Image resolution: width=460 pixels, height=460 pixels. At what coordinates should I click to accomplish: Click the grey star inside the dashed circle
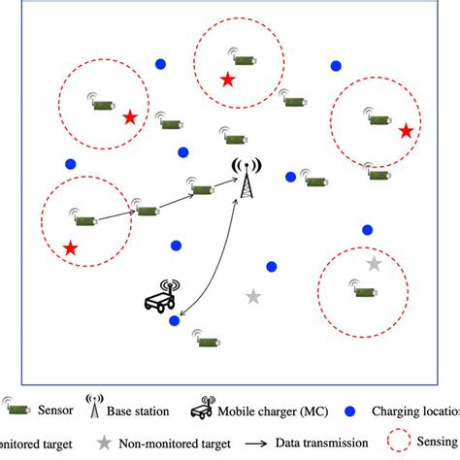(x=374, y=264)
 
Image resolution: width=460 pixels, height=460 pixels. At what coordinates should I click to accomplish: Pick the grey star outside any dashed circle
(x=253, y=296)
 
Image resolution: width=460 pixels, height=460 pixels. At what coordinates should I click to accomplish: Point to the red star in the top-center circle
(x=227, y=80)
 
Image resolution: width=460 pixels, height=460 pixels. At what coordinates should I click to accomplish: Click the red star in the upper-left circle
(x=130, y=117)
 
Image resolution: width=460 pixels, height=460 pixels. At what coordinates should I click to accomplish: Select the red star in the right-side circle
(x=406, y=130)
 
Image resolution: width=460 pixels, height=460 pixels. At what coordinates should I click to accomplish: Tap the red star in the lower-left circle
(x=70, y=248)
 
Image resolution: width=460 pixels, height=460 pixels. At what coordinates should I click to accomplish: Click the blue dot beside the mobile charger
(x=174, y=320)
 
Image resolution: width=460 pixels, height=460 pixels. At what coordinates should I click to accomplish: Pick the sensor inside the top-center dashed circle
(x=242, y=59)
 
